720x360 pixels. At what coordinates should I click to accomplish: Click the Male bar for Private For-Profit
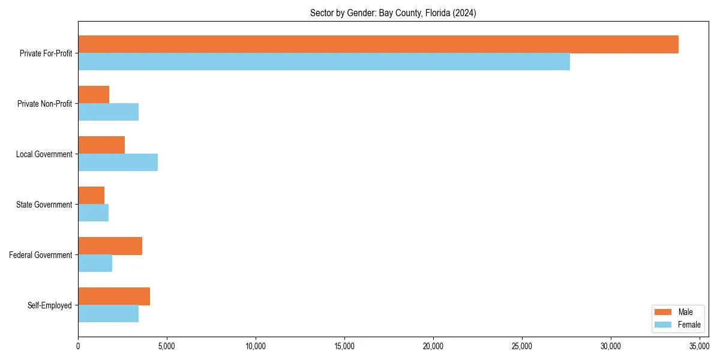[378, 44]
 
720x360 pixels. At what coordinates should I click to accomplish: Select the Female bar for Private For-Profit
[324, 61]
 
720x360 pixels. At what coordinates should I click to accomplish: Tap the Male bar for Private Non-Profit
[94, 95]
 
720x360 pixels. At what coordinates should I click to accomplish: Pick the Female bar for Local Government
[118, 162]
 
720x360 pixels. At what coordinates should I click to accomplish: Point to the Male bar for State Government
[91, 196]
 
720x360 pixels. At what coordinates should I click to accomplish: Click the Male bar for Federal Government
[110, 246]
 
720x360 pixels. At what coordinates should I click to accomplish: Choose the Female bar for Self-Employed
[108, 313]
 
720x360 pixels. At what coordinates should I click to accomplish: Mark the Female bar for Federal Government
[95, 263]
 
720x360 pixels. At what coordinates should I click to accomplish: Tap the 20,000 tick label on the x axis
[433, 346]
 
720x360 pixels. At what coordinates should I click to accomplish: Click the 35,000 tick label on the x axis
[700, 346]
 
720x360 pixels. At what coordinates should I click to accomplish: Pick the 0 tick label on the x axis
[78, 346]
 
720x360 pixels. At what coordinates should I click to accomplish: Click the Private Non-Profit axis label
[44, 104]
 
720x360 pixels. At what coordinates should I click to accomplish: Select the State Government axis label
[44, 205]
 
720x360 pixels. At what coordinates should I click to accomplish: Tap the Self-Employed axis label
[50, 305]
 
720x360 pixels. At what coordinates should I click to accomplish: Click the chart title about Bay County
[393, 13]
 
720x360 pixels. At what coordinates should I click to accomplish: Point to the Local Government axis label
[44, 154]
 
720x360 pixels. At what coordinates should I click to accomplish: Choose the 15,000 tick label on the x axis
[344, 346]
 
